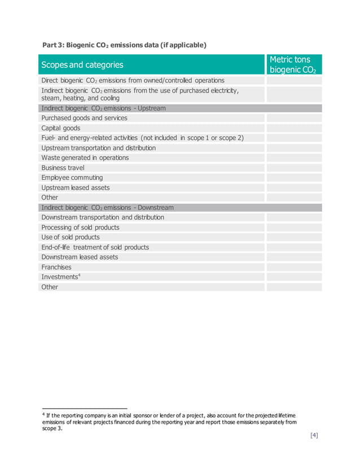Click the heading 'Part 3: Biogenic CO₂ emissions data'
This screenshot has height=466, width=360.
pos(125,45)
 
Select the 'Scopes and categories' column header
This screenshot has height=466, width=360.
pos(82,65)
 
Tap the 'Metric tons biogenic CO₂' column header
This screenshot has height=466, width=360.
pos(292,65)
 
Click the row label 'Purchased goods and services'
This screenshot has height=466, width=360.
pos(84,118)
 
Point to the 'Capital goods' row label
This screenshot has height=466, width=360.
pos(61,128)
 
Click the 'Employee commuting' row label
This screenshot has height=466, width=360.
pos(72,178)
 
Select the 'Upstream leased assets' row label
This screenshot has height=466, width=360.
pos(76,187)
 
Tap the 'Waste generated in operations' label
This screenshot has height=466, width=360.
pos(85,157)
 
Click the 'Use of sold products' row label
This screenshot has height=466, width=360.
pos(71,237)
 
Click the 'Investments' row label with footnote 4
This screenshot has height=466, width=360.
pos(59,276)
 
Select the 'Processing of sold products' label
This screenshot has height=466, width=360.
pos(81,227)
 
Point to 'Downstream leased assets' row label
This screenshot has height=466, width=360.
pos(80,257)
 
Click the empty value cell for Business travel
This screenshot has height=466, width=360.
pos(293,168)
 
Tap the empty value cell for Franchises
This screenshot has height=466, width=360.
pos(293,267)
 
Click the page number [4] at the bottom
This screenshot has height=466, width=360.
pos(314,435)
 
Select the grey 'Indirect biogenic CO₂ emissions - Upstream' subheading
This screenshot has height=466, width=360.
pos(104,108)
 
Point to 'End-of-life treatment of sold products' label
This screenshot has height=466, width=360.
pos(95,247)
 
